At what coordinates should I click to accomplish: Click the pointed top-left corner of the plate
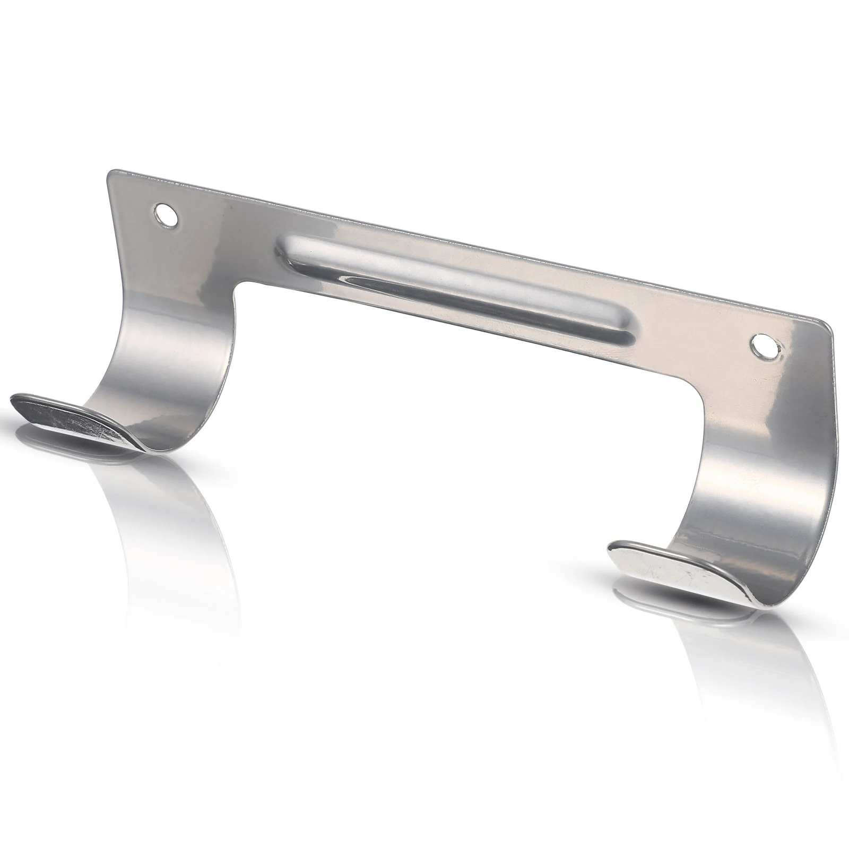[110, 174]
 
